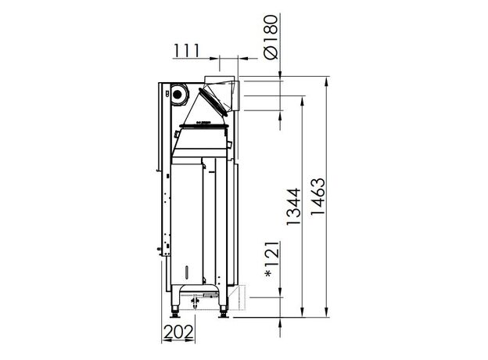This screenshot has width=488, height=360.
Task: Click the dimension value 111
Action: tap(186, 50)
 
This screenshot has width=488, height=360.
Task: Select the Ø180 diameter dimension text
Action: tap(270, 37)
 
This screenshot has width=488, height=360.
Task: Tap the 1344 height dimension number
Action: tap(293, 207)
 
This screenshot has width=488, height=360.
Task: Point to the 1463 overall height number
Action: tap(318, 196)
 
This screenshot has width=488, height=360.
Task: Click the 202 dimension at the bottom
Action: tap(178, 332)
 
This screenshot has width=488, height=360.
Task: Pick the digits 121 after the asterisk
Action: tap(271, 254)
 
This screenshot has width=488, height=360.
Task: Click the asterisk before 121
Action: tap(267, 274)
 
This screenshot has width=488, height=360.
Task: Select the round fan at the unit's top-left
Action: tap(178, 94)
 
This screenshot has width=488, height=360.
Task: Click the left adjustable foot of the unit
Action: tap(175, 312)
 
